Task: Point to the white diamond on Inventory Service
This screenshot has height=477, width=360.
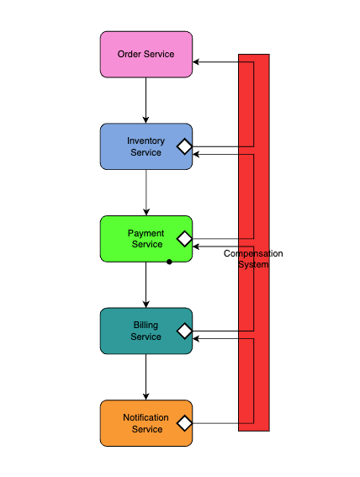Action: coord(184,146)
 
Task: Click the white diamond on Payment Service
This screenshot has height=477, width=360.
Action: coord(184,239)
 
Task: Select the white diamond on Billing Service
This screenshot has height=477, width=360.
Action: coord(184,331)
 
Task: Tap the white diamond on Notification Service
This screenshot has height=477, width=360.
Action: coord(184,423)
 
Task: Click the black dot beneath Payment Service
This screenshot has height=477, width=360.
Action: coord(169,262)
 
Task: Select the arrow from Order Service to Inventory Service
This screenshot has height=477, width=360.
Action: coord(146,100)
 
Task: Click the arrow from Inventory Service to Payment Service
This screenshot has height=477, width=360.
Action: coord(146,193)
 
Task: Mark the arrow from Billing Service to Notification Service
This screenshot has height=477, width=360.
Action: coord(146,377)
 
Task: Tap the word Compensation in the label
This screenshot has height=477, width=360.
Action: coord(253,253)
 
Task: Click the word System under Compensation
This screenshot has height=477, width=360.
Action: coord(253,264)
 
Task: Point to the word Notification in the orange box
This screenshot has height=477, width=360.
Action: coord(146,417)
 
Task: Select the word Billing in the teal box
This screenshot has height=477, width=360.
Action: coord(146,325)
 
